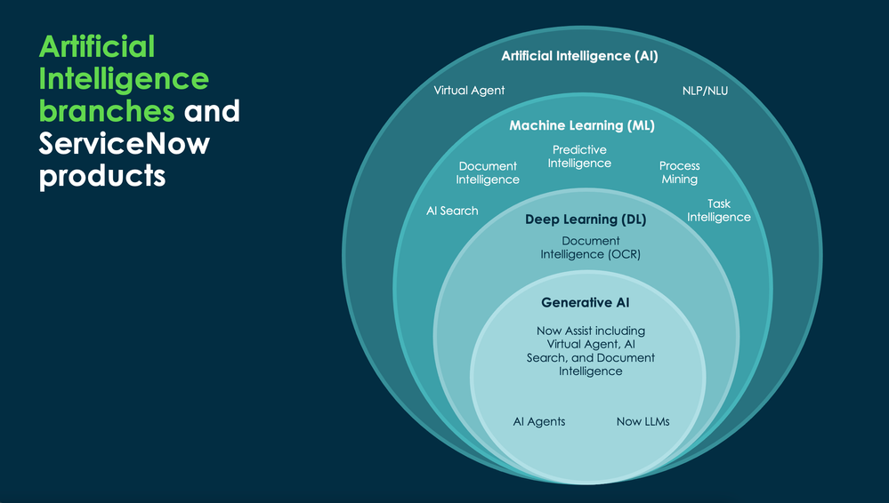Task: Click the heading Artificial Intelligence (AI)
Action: pyautogui.click(x=579, y=56)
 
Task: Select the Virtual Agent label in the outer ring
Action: pyautogui.click(x=469, y=90)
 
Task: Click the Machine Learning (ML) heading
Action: pyautogui.click(x=581, y=125)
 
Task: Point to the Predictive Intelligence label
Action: pyautogui.click(x=579, y=156)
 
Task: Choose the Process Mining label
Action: pyautogui.click(x=679, y=172)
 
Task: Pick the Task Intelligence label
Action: pyautogui.click(x=718, y=211)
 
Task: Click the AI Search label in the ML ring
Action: pyautogui.click(x=452, y=211)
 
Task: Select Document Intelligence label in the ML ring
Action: pyautogui.click(x=488, y=172)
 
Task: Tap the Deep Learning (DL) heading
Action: pyautogui.click(x=585, y=219)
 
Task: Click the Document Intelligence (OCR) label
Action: pyautogui.click(x=590, y=248)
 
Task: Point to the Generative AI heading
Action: pyautogui.click(x=585, y=303)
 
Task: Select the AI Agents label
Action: pyautogui.click(x=538, y=421)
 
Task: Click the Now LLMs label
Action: pyautogui.click(x=643, y=421)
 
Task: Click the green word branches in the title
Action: pyautogui.click(x=107, y=111)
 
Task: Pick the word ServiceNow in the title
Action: pyautogui.click(x=124, y=142)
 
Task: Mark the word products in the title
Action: pyautogui.click(x=102, y=175)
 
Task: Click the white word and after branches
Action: pyautogui.click(x=212, y=111)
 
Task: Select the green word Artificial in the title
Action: pyautogui.click(x=97, y=45)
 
